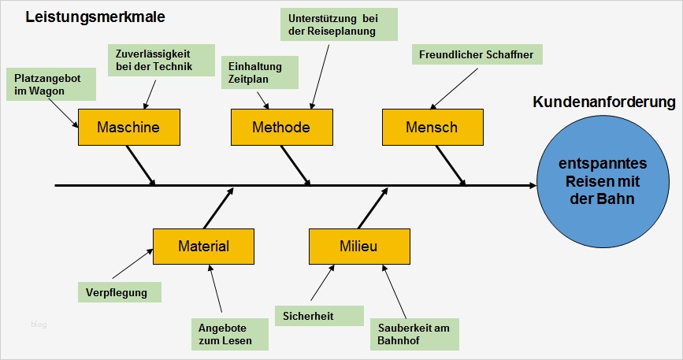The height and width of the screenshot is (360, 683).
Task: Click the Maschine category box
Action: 128,128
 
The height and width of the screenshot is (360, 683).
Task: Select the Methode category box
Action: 281,128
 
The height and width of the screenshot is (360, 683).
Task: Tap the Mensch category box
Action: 432,128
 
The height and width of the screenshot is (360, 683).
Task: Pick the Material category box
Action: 203,246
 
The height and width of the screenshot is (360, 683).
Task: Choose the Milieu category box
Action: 359,246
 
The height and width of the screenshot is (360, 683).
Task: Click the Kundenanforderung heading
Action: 603,102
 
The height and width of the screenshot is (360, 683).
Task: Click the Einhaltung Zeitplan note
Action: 260,72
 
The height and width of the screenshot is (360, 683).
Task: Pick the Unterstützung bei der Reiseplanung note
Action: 339,24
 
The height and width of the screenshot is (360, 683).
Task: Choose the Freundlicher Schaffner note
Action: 477,54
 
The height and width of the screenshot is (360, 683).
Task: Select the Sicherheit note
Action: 318,316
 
